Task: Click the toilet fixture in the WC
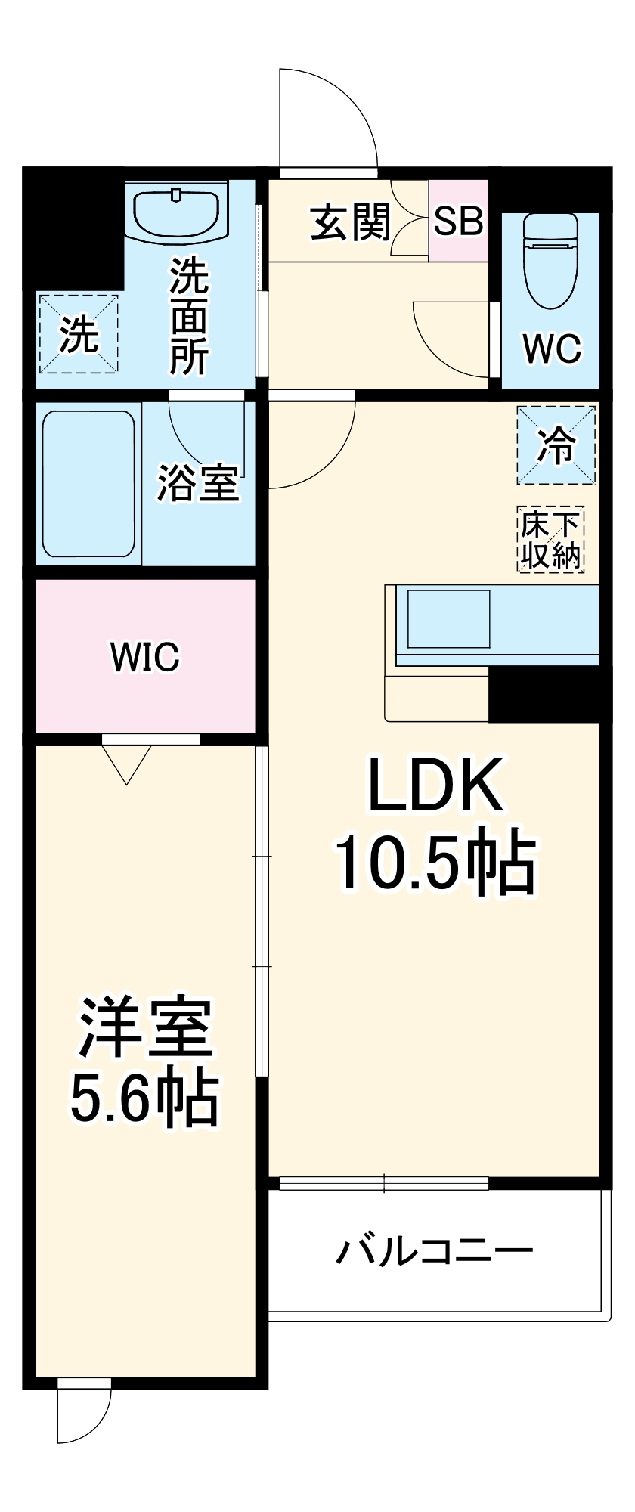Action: point(550,261)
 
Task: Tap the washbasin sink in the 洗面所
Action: point(177,212)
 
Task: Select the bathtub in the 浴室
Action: point(88,483)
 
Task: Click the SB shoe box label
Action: point(458,222)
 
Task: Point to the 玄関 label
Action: point(351,223)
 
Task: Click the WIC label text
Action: point(145,656)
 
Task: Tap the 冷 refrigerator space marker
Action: point(556,445)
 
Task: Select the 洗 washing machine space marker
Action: point(79,333)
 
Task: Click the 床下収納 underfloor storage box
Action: point(551,539)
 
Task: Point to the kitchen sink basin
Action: point(448,618)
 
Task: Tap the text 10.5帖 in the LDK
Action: point(435,863)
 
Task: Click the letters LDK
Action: point(435,785)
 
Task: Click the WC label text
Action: point(552,349)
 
